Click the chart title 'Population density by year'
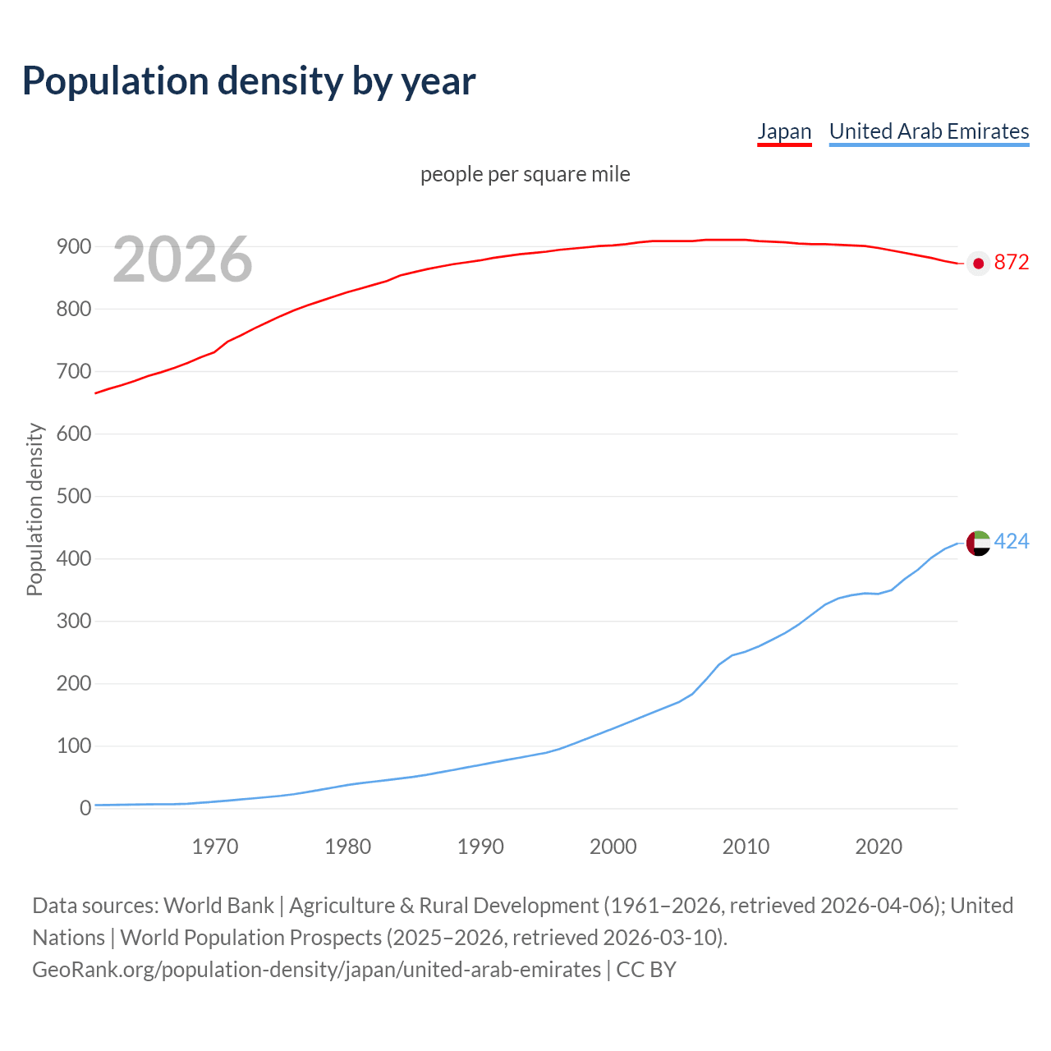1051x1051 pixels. [249, 81]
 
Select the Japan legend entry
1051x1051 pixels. [784, 131]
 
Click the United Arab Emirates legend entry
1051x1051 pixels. [929, 131]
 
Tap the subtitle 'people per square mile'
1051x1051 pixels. [525, 175]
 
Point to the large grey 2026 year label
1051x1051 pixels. [182, 259]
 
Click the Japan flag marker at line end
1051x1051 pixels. [978, 264]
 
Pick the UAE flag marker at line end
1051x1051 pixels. [978, 543]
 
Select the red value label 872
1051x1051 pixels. [1012, 263]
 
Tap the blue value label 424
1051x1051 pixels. [1012, 542]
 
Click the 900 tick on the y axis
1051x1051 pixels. [73, 247]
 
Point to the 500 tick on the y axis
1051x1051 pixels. [73, 497]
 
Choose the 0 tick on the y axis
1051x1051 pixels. [85, 809]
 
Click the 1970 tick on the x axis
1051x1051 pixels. [215, 847]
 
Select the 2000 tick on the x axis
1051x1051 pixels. [613, 847]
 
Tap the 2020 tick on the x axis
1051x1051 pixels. [879, 847]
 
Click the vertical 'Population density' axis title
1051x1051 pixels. [34, 509]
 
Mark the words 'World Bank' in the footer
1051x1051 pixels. [218, 906]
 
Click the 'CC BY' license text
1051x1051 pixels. [646, 970]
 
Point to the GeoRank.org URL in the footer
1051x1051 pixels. [316, 970]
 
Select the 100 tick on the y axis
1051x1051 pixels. [73, 746]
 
